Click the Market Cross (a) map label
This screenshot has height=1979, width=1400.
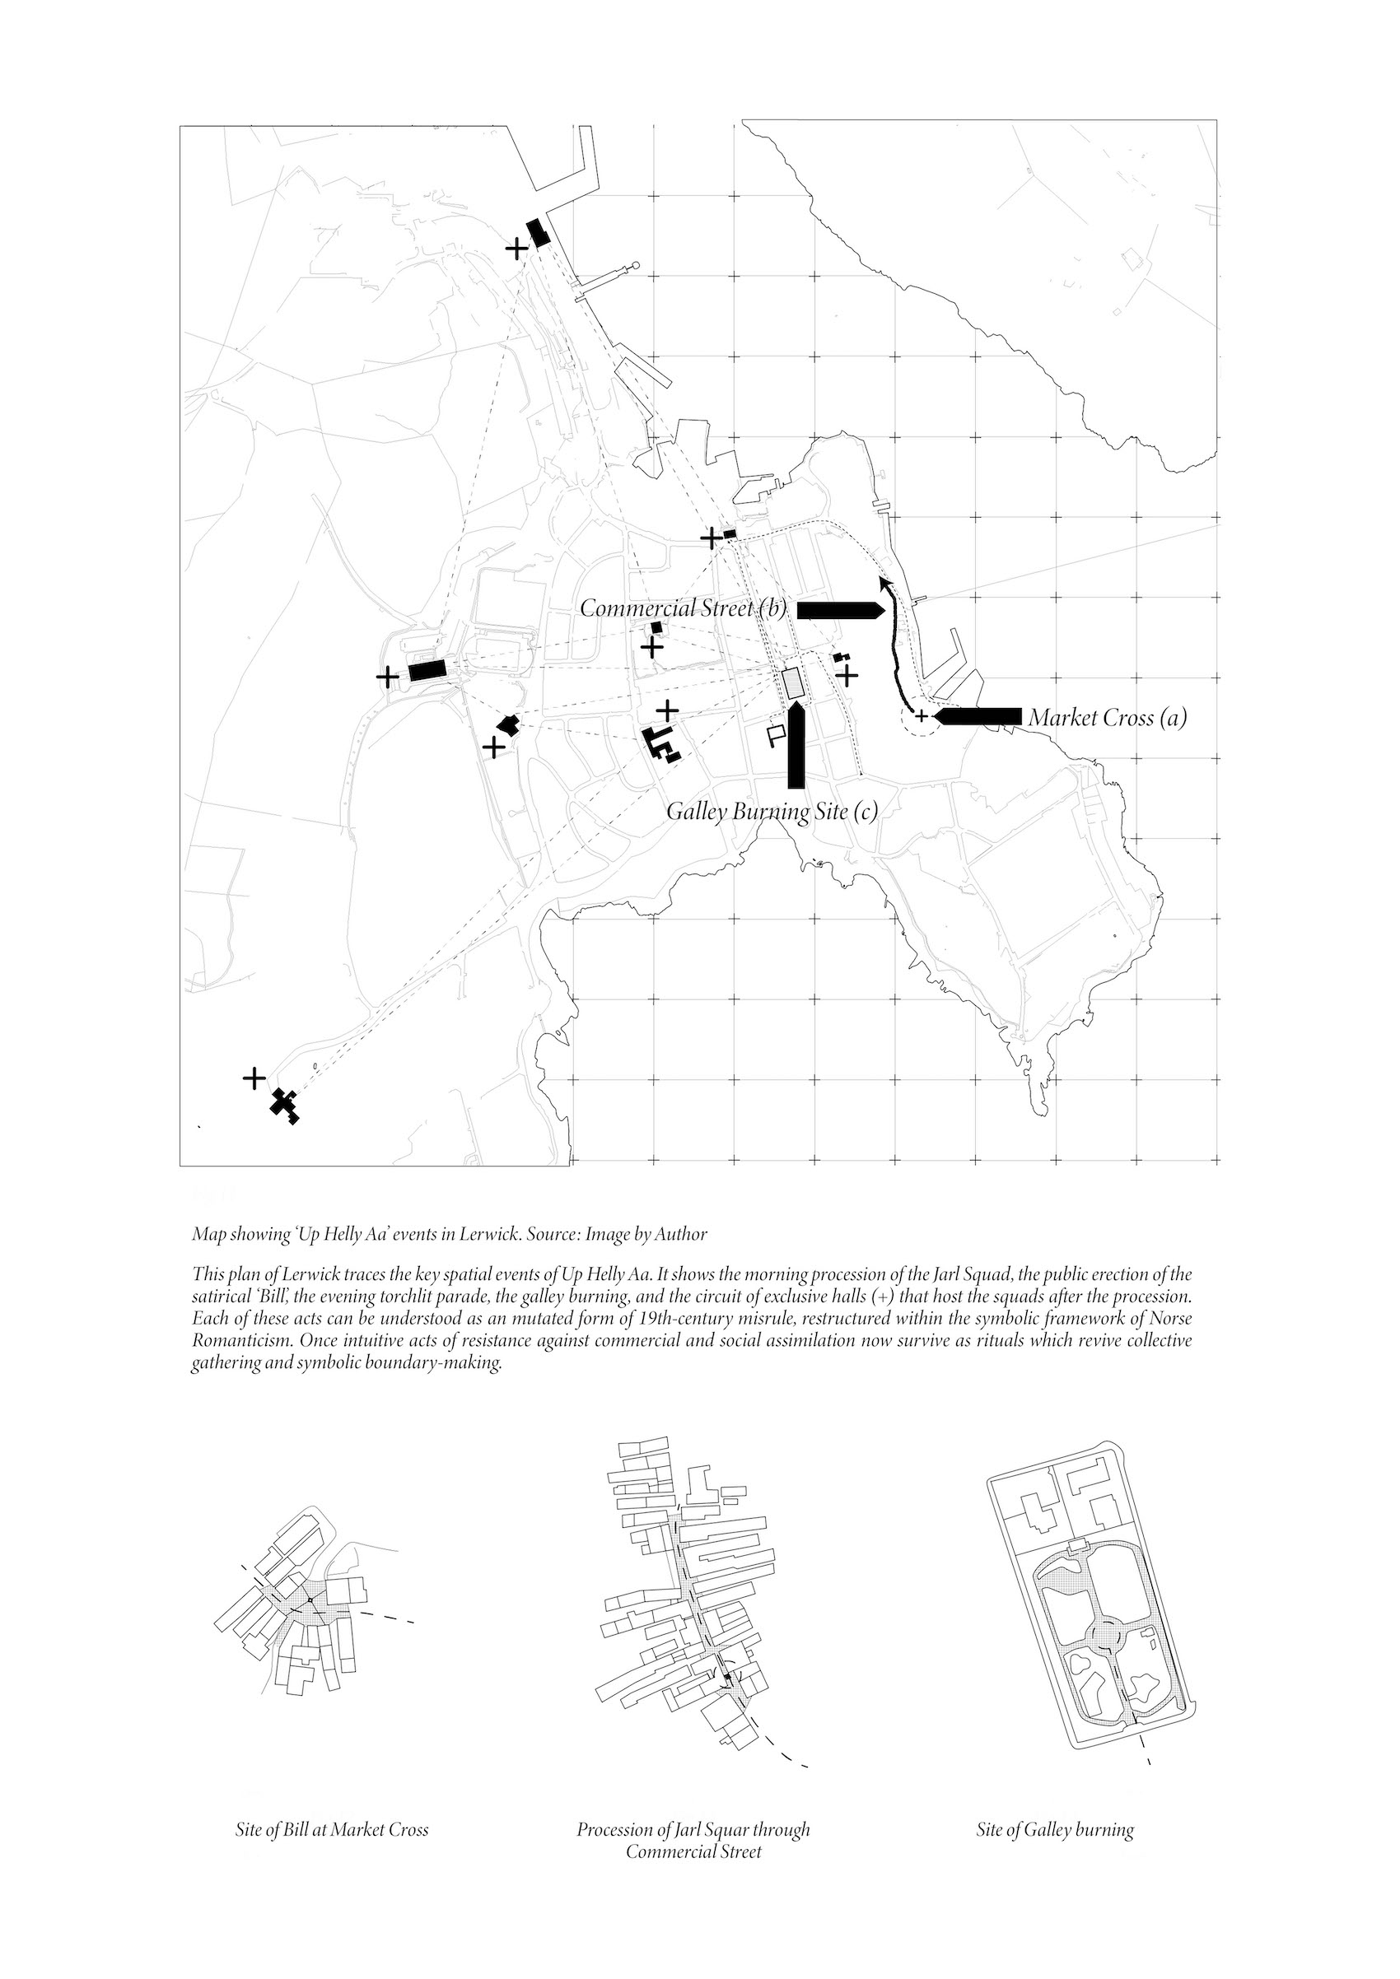[x=1108, y=717]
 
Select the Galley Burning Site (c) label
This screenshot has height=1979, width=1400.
[x=772, y=812]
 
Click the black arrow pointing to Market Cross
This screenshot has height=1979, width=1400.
[x=978, y=716]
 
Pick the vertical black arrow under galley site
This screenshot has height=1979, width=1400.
[x=796, y=746]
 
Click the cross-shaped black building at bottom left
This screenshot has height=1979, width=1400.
[x=285, y=1104]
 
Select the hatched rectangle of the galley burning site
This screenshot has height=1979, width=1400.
[x=792, y=683]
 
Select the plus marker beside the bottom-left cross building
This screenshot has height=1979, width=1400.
[x=254, y=1078]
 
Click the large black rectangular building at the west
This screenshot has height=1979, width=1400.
[x=426, y=671]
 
